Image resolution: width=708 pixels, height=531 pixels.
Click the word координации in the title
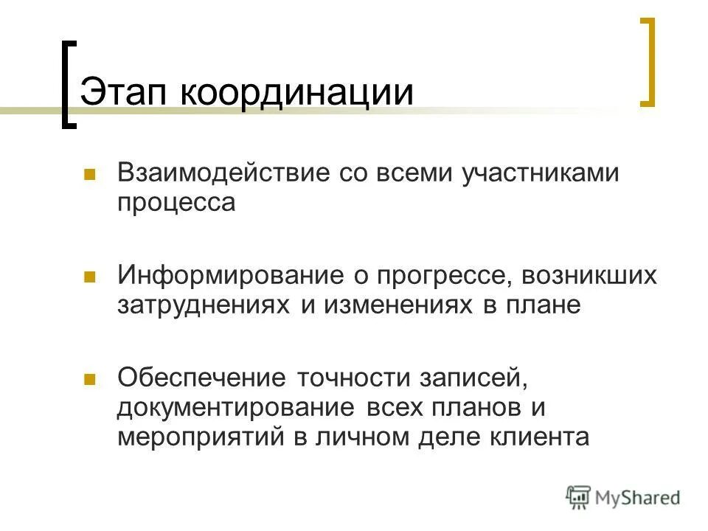point(294,94)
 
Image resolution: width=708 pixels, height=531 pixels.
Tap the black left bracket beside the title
point(67,85)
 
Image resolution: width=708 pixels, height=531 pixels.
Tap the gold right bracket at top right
point(648,62)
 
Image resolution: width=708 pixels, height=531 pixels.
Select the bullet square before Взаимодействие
point(90,175)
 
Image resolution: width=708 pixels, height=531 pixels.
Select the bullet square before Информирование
point(90,277)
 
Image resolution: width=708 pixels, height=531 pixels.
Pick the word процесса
point(176,202)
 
